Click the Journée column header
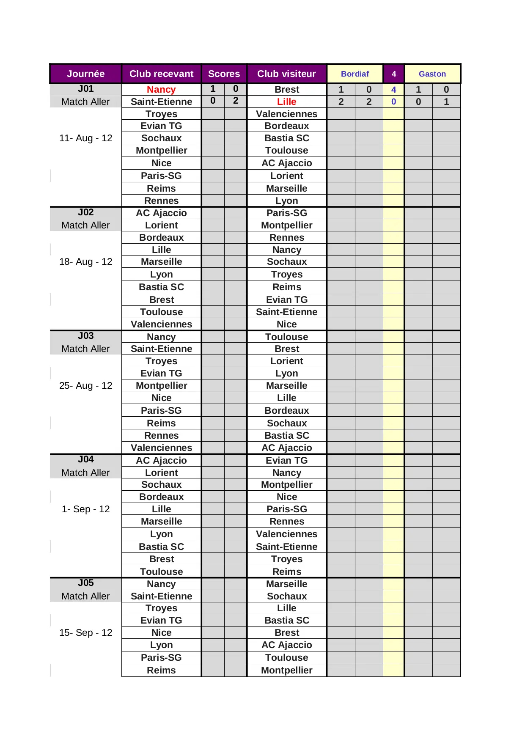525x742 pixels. (85, 74)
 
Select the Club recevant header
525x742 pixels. (161, 74)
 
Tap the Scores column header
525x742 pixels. (224, 74)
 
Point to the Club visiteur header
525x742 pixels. (286, 74)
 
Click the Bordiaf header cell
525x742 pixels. (355, 74)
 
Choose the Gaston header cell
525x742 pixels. (432, 74)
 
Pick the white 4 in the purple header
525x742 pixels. (393, 74)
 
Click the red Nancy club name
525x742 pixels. (161, 89)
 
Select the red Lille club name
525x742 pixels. (286, 102)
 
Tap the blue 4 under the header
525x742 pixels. (393, 90)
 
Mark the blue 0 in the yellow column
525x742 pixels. (393, 102)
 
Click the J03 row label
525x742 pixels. (85, 336)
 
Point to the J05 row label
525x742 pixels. (85, 583)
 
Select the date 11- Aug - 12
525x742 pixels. (85, 138)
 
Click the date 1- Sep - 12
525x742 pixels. (85, 509)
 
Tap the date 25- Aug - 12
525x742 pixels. (85, 385)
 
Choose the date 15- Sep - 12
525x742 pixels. (85, 632)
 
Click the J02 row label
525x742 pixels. (85, 212)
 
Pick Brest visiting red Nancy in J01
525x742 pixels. (286, 89)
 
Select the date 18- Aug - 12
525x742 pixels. (85, 262)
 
